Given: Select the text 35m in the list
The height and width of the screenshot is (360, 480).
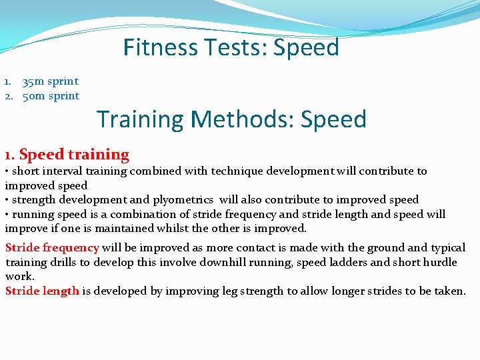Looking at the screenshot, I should (33, 81).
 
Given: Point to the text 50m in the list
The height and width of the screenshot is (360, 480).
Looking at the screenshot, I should (33, 96).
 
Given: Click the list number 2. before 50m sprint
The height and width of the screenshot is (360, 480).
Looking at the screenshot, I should (9, 96).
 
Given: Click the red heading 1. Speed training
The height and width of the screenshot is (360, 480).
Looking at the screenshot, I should (67, 155).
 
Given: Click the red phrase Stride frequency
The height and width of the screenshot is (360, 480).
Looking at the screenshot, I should (52, 248).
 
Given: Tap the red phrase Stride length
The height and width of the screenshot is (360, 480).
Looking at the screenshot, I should (42, 291).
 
